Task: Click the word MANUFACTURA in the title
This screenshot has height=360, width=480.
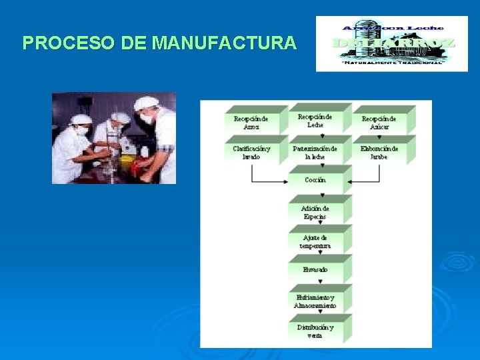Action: (x=224, y=43)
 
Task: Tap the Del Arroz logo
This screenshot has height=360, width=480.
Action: (x=393, y=43)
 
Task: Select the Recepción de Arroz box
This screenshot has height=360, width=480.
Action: (x=251, y=123)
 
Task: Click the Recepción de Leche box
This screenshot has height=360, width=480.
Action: (x=315, y=121)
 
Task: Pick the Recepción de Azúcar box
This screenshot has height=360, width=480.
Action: (x=379, y=123)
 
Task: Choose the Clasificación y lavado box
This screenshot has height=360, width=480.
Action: (x=251, y=152)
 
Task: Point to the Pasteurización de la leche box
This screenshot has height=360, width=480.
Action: (x=315, y=152)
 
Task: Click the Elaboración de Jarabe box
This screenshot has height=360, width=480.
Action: (x=379, y=152)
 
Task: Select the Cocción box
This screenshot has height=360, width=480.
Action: (x=315, y=181)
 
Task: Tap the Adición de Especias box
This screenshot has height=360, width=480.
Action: (x=315, y=212)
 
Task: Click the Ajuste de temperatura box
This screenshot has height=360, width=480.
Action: (x=315, y=241)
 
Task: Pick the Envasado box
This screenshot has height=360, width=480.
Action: (x=315, y=270)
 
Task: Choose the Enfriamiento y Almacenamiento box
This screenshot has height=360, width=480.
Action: (x=315, y=301)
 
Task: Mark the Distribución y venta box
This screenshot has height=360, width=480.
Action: (x=315, y=331)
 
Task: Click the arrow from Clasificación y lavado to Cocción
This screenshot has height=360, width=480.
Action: (x=267, y=181)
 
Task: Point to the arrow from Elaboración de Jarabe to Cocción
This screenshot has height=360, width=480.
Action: (x=365, y=181)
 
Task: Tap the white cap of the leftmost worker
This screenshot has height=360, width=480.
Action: (x=81, y=119)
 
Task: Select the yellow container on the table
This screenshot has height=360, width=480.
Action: (x=127, y=163)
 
